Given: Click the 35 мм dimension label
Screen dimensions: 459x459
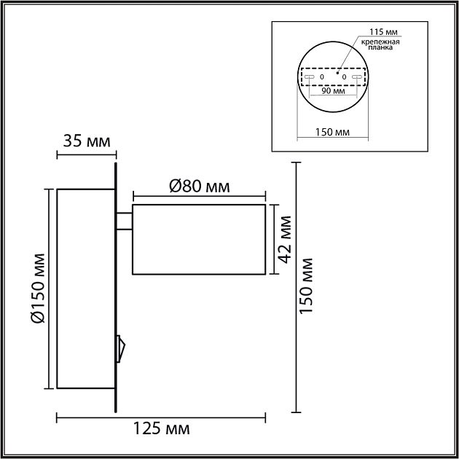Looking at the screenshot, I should (86, 141).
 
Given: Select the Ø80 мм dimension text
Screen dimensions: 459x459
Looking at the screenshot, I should (199, 186).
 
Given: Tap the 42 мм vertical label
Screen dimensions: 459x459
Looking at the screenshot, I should (285, 239).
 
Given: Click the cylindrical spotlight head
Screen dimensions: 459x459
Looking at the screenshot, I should (198, 240).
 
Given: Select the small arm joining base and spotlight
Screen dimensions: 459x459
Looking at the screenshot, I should (124, 220).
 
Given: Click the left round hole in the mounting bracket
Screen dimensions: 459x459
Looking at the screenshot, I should (321, 76).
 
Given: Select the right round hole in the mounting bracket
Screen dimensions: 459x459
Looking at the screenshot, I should (344, 76).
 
